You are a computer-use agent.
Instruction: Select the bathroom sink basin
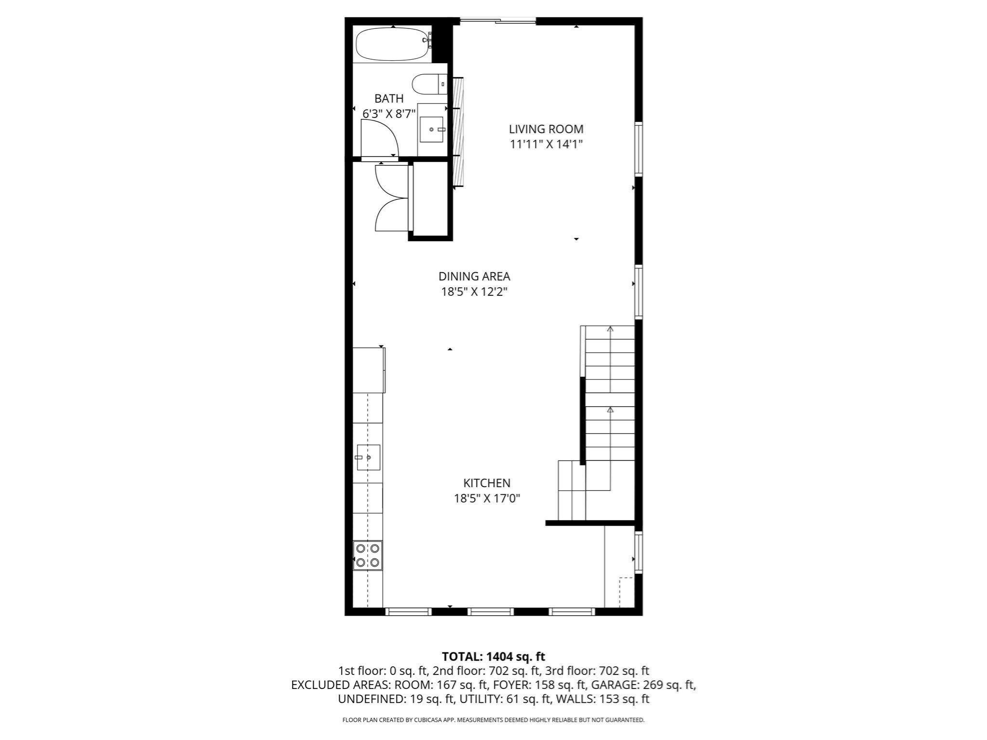[431, 129]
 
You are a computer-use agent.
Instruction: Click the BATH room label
[389, 99]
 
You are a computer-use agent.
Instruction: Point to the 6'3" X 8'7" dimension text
[389, 114]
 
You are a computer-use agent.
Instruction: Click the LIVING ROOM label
[546, 129]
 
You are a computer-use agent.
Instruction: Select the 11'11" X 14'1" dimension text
[546, 144]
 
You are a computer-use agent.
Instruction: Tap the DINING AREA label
[474, 277]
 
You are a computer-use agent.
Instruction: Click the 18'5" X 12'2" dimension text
[474, 291]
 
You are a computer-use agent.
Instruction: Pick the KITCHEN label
[487, 483]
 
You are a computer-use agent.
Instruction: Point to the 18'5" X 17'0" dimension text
[487, 498]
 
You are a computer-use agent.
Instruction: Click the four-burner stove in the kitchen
[368, 555]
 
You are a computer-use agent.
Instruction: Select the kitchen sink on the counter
[368, 457]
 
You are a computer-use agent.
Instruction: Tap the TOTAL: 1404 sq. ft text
[493, 656]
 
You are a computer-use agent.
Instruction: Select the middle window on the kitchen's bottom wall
[490, 611]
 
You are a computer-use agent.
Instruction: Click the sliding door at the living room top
[498, 21]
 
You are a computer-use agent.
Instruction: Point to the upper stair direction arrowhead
[610, 329]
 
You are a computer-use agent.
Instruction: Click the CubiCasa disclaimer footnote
[493, 720]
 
